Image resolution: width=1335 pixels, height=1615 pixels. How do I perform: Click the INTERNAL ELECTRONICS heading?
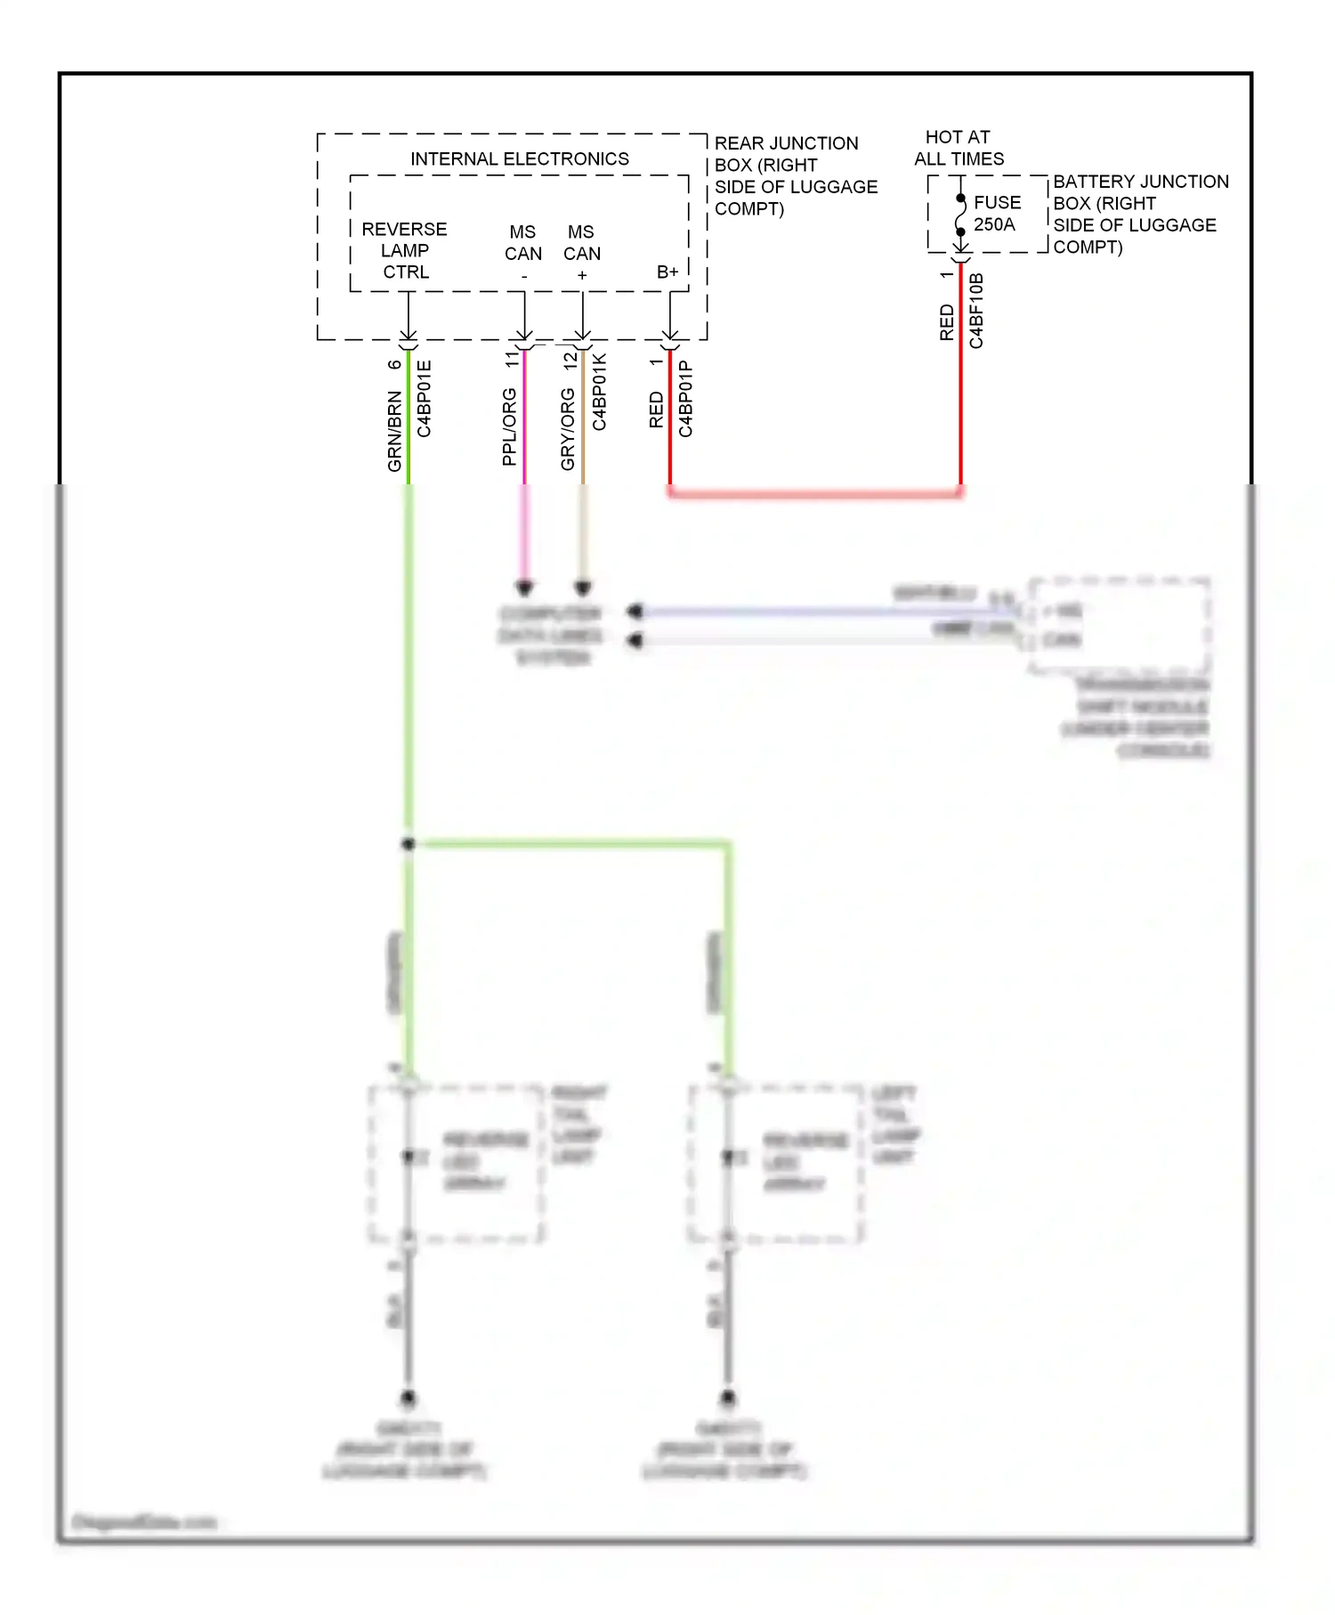pyautogui.click(x=519, y=159)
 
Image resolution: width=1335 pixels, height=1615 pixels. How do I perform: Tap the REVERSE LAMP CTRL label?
pyautogui.click(x=405, y=251)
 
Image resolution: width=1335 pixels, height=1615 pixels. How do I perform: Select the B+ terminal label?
pyautogui.click(x=667, y=272)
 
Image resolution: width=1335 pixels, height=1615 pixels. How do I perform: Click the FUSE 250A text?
pyautogui.click(x=997, y=214)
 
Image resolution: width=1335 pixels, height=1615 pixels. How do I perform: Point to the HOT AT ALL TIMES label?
pyautogui.click(x=959, y=148)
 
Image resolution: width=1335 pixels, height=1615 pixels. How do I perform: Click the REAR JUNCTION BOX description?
pyautogui.click(x=795, y=176)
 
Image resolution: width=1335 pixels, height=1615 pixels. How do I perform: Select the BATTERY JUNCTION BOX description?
pyautogui.click(x=1139, y=215)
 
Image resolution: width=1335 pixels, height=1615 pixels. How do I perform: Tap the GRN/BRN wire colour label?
pyautogui.click(x=394, y=431)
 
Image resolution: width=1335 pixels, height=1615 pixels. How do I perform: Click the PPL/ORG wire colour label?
pyautogui.click(x=509, y=426)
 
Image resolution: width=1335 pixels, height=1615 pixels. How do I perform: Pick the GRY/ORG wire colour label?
pyautogui.click(x=568, y=429)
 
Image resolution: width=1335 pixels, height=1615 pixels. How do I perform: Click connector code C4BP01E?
pyautogui.click(x=425, y=399)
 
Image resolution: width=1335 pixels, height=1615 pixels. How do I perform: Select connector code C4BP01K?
pyautogui.click(x=600, y=393)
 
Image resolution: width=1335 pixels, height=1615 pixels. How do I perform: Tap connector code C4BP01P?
pyautogui.click(x=686, y=399)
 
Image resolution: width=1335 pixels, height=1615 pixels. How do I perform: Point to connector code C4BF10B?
pyautogui.click(x=976, y=311)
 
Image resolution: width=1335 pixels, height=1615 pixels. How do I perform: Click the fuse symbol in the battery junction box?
pyautogui.click(x=961, y=215)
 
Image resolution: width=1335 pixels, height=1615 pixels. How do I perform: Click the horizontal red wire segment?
pyautogui.click(x=814, y=492)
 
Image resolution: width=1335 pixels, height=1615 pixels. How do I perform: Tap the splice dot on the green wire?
pyautogui.click(x=409, y=843)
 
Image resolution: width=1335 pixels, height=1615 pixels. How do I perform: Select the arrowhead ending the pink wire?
pyautogui.click(x=524, y=588)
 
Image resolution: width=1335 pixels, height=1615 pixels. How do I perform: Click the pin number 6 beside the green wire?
pyautogui.click(x=394, y=364)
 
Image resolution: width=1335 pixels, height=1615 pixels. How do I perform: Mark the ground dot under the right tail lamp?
pyautogui.click(x=409, y=1397)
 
